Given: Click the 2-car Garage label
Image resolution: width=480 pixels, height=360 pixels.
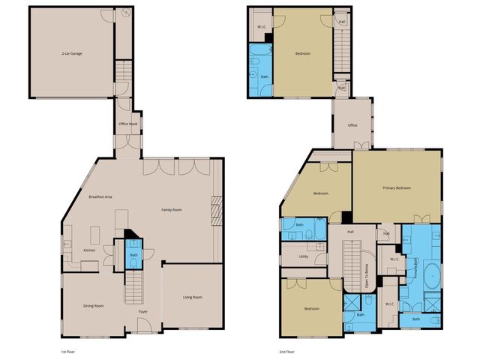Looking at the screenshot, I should click(x=72, y=54).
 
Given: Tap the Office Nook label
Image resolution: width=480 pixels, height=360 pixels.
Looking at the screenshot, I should click(x=127, y=124).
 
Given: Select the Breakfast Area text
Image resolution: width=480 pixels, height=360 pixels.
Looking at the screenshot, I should click(x=100, y=196).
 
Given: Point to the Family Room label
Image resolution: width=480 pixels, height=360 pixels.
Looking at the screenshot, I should click(x=172, y=210).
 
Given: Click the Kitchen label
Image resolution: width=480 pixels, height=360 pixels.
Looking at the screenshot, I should click(x=89, y=250).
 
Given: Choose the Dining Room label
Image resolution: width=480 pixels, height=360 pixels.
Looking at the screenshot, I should click(x=93, y=305).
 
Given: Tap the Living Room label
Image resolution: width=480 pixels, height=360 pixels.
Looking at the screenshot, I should click(x=193, y=298).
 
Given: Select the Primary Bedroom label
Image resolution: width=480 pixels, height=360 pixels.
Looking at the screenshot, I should click(x=397, y=187).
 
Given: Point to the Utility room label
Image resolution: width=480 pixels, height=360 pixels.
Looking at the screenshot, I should click(x=304, y=256).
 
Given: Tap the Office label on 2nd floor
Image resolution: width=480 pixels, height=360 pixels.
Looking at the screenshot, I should click(x=352, y=125).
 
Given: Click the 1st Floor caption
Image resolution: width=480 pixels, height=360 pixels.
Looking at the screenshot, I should click(x=68, y=351).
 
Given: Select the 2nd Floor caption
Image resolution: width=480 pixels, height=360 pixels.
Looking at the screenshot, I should click(x=286, y=351).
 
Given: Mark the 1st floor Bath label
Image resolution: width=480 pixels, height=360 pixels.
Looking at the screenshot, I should click(x=133, y=255).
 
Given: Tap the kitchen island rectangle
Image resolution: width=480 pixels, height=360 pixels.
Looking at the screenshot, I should click(x=96, y=231).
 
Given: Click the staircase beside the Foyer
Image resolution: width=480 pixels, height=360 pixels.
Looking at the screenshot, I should click(x=133, y=286).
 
